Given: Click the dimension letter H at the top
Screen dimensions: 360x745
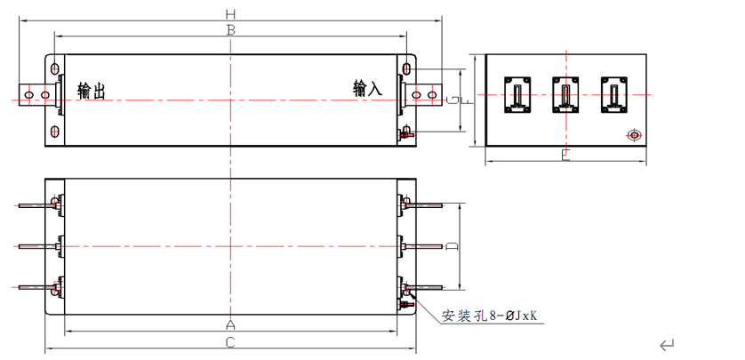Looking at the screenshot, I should click(x=231, y=13).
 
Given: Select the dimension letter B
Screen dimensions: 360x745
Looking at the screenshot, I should click(x=231, y=30).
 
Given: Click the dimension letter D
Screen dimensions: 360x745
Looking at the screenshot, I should click(x=453, y=245).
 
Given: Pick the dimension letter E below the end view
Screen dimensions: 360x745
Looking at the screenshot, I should click(x=565, y=156).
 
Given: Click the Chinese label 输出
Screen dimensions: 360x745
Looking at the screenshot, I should click(x=92, y=92).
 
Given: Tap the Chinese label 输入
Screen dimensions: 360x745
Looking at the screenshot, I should click(x=367, y=89).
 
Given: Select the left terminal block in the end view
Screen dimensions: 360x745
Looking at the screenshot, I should click(x=518, y=95).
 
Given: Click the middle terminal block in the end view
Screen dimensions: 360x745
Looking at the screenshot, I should click(x=565, y=95).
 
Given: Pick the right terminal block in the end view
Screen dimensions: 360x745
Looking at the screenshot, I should click(x=613, y=95).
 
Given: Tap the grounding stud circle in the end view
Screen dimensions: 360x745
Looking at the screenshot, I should click(x=633, y=135).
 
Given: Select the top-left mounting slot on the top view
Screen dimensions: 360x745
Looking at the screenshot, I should click(x=56, y=68).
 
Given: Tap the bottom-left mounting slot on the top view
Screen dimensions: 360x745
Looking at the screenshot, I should click(x=56, y=132).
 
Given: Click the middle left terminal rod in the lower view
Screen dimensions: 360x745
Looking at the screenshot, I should click(x=36, y=245).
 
